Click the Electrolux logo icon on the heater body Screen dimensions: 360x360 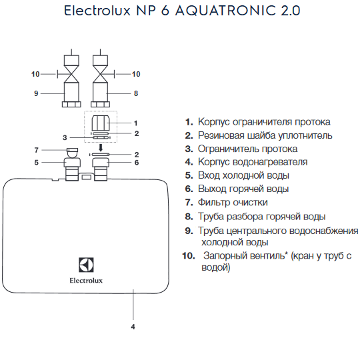(x=86, y=265)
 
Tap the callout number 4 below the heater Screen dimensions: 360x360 (x=133, y=327)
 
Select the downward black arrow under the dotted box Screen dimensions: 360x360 (x=101, y=147)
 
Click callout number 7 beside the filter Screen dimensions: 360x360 (x=36, y=150)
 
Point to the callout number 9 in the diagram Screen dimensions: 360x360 (x=36, y=93)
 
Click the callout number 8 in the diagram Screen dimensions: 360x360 (x=136, y=93)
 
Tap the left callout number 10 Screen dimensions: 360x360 (x=35, y=74)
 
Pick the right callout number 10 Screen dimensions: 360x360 (x=136, y=74)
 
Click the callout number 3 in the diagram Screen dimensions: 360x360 (x=65, y=137)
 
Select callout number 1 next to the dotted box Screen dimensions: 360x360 (x=136, y=123)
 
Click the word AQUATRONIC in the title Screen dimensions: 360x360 (x=225, y=11)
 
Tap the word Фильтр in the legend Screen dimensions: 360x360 (x=214, y=202)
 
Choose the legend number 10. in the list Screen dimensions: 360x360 (x=189, y=255)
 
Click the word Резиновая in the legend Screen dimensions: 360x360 (x=221, y=135)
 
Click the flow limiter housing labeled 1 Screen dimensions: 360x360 (x=101, y=123)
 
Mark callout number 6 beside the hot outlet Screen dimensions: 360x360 (x=137, y=163)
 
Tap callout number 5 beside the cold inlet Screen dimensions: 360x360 (x=36, y=163)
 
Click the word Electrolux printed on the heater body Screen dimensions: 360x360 (x=86, y=281)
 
